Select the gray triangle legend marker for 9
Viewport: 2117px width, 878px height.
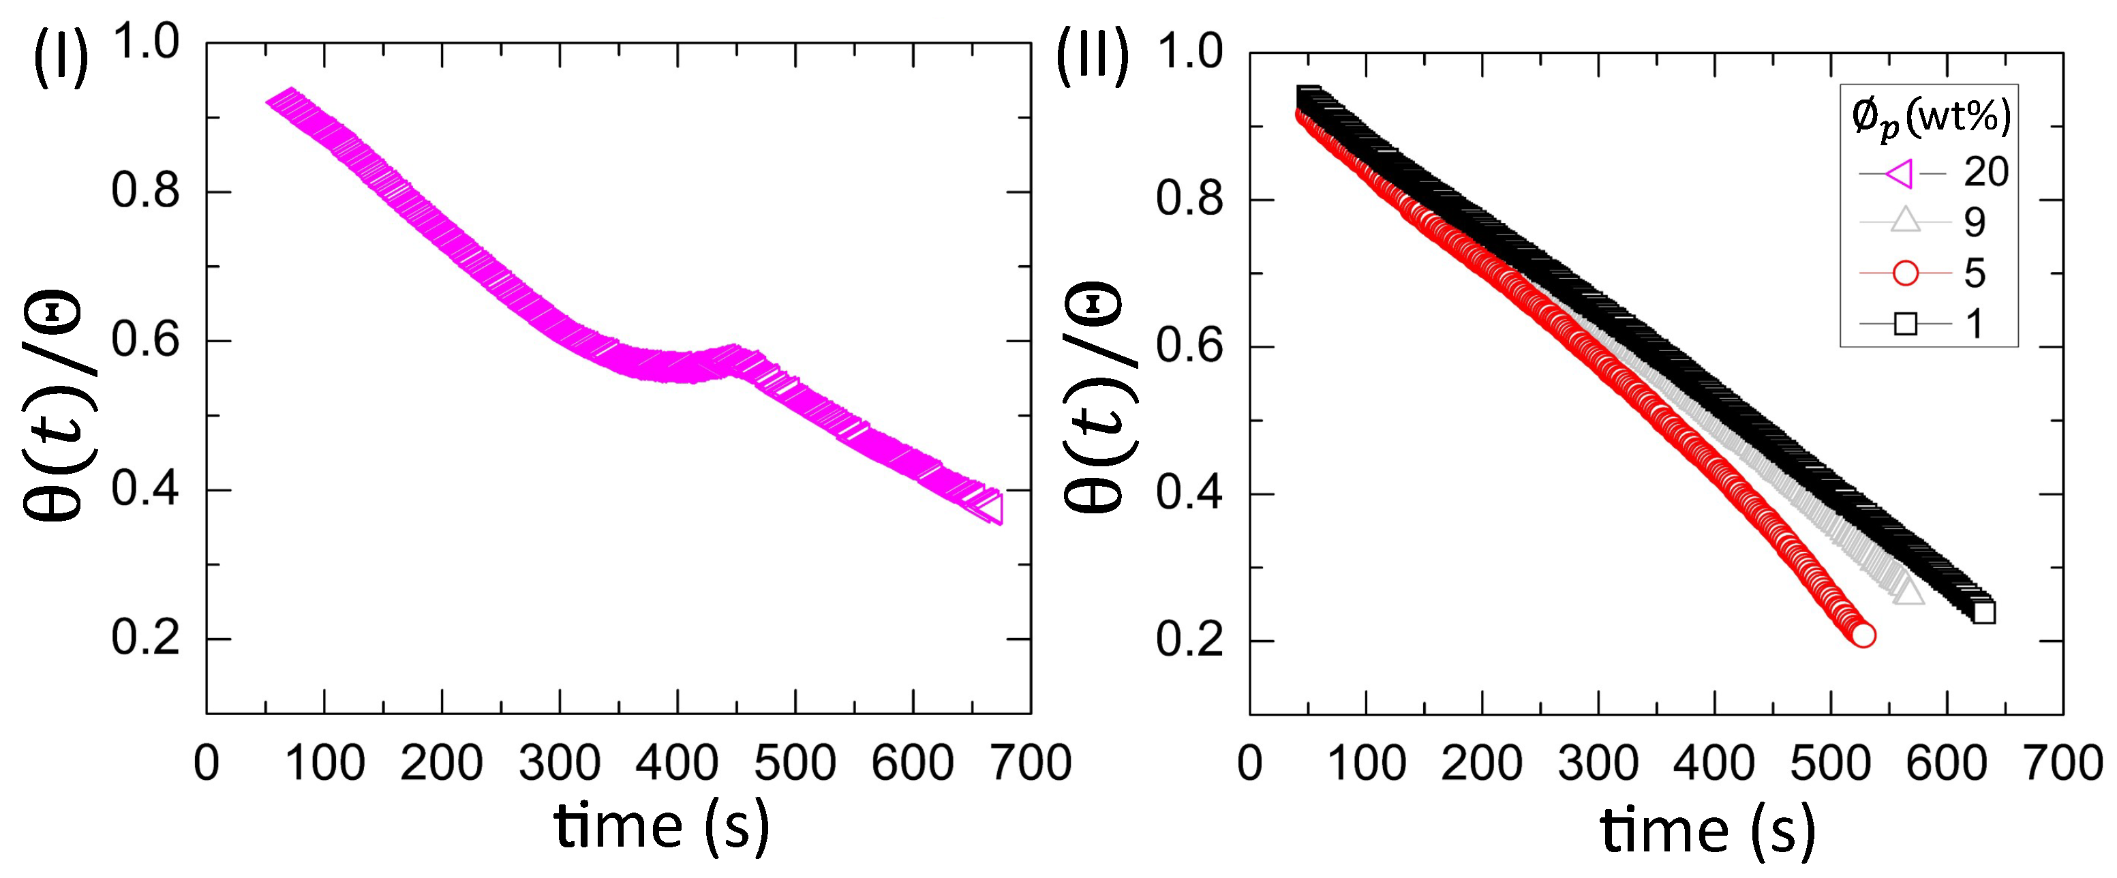[1905, 221]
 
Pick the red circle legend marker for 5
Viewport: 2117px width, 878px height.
[1905, 273]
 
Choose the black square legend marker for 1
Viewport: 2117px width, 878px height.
[1905, 324]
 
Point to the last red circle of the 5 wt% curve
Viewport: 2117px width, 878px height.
[1863, 635]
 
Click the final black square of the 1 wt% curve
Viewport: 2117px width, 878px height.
[1983, 612]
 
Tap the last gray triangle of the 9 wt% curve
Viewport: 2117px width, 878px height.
[1909, 592]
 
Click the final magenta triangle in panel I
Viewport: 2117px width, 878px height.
[990, 508]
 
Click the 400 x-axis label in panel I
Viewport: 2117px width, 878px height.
[677, 763]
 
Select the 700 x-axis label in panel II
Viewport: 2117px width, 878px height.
[2062, 763]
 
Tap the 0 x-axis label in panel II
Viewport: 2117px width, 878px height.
[1249, 763]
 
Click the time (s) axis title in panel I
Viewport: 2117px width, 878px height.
[662, 826]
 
